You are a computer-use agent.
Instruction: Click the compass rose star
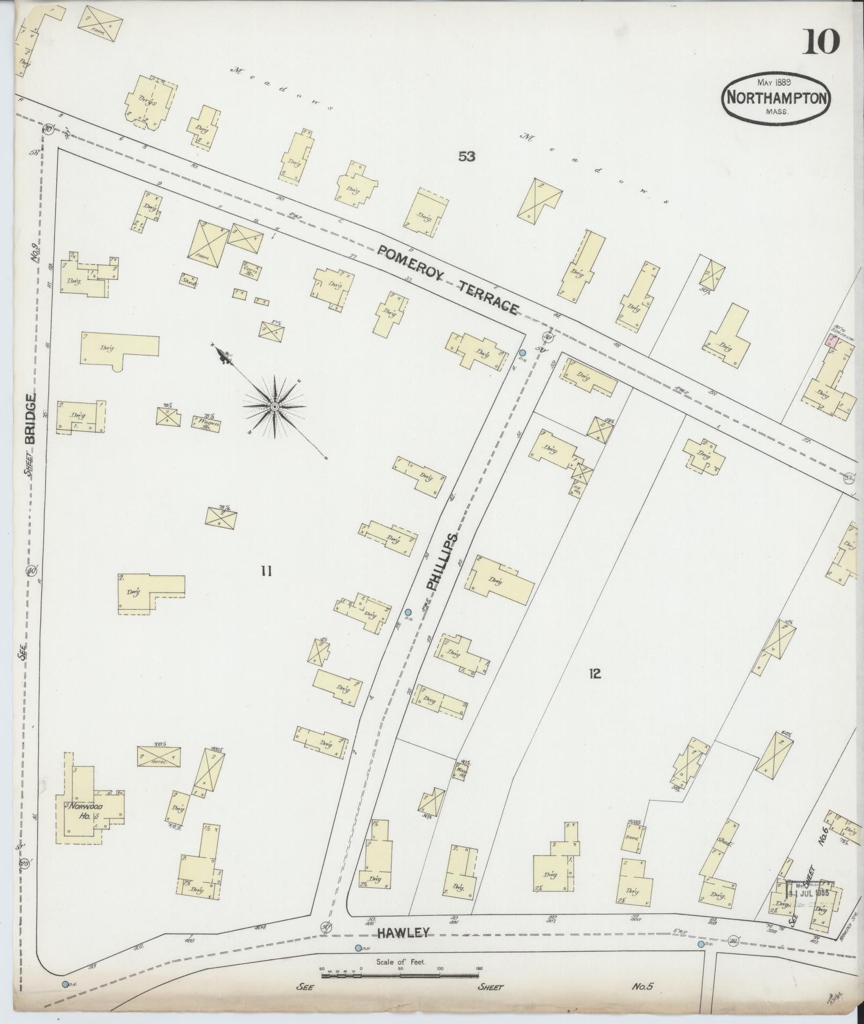click(x=274, y=407)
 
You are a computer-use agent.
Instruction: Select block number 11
click(x=266, y=571)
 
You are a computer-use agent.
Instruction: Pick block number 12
click(x=594, y=673)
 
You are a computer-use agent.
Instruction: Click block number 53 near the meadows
click(x=467, y=156)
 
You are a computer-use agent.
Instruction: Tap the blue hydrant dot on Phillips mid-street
click(x=408, y=612)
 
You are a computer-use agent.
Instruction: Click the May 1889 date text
click(x=775, y=82)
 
